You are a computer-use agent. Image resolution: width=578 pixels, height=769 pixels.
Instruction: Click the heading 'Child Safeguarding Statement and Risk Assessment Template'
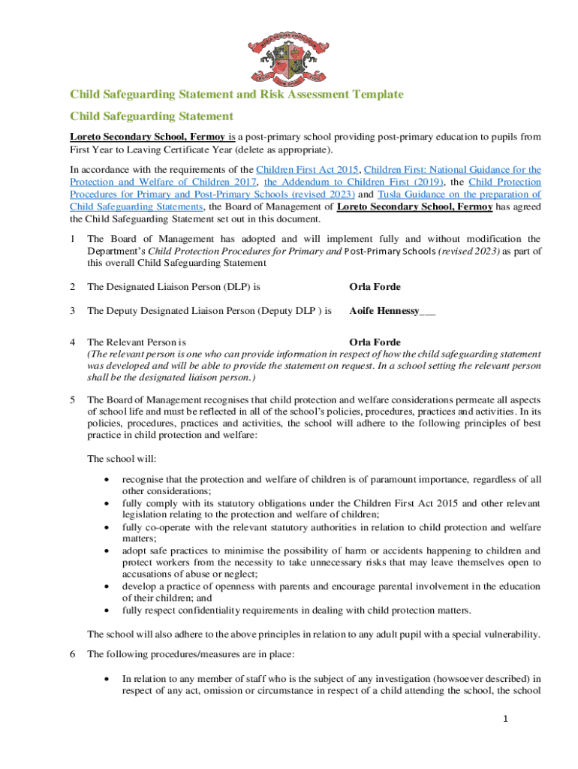[236, 94]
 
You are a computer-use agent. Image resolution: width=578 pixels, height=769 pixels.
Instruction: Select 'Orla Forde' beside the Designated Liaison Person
[375, 286]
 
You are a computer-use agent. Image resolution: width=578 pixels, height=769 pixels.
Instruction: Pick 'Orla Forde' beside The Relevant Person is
[375, 342]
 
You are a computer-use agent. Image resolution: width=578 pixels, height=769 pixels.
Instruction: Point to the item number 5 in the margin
[72, 399]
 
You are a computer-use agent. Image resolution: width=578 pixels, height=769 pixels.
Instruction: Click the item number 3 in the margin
[72, 310]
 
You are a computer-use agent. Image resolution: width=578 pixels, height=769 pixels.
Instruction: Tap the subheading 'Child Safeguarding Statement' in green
[152, 116]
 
